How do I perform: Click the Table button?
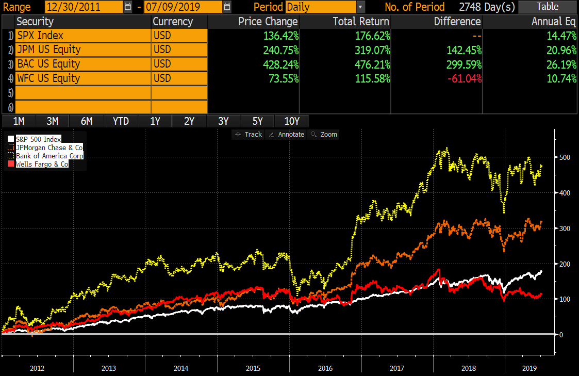click(x=548, y=7)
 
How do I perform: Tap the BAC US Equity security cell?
click(x=82, y=64)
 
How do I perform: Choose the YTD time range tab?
click(x=121, y=121)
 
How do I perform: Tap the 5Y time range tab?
click(x=257, y=121)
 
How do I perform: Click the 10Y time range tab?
click(x=292, y=121)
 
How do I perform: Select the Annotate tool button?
click(x=287, y=135)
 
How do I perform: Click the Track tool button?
click(x=249, y=135)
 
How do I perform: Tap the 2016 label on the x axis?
click(x=325, y=369)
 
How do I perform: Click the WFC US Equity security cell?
click(x=82, y=78)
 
